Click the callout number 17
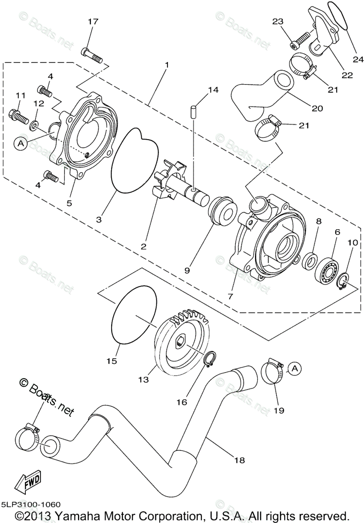click(x=93, y=21)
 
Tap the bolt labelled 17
click(x=91, y=54)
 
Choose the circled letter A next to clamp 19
click(x=295, y=369)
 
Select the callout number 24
click(x=358, y=59)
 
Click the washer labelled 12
click(x=34, y=126)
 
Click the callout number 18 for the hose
click(x=239, y=460)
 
